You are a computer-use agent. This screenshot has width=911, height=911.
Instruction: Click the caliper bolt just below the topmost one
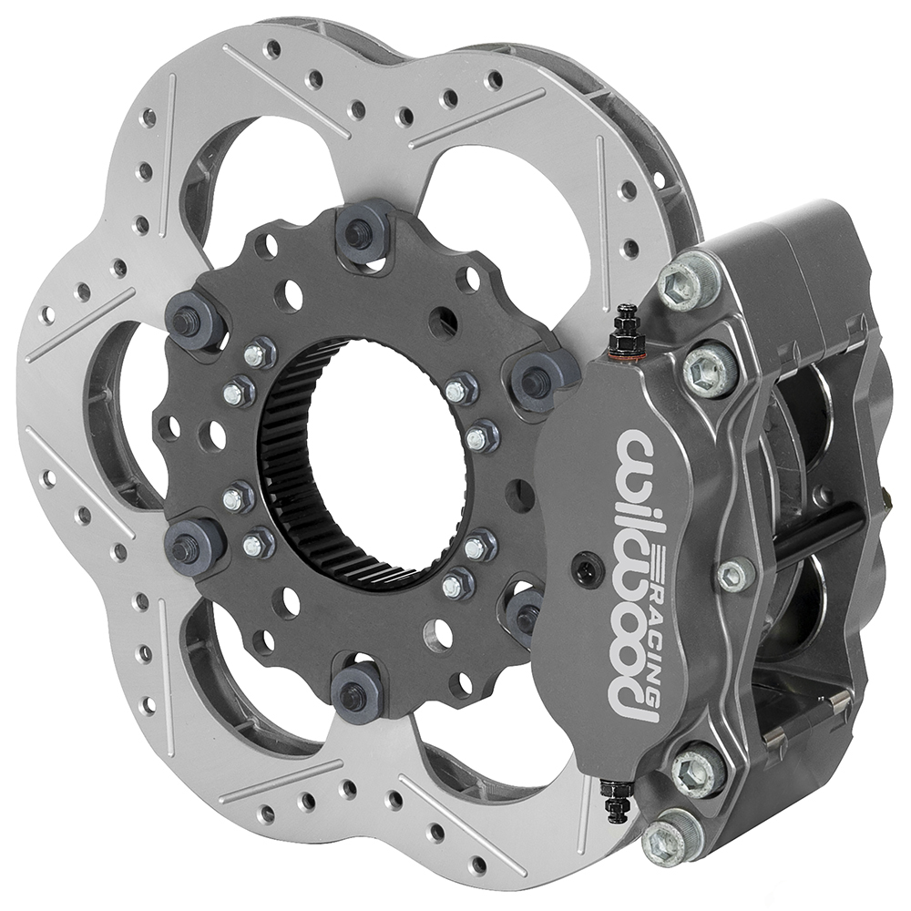[709, 369]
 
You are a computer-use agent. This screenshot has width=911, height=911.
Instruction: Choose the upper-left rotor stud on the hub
[191, 319]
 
